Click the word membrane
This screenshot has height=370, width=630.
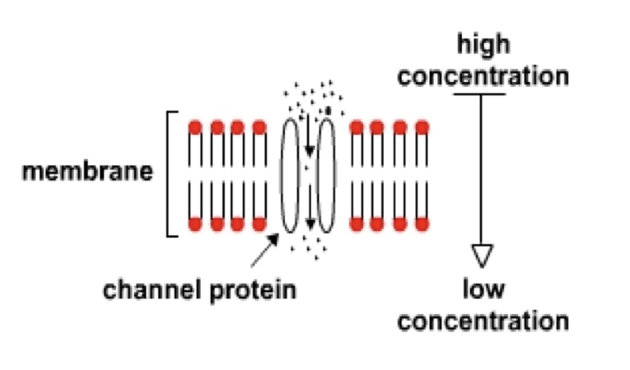coord(88,173)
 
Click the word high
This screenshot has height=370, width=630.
coord(484,44)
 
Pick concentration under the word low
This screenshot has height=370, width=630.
coord(484,321)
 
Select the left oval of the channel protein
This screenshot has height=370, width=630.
coord(290,175)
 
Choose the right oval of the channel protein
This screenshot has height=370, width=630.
coord(326,175)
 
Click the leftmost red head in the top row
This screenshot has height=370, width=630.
coord(195,127)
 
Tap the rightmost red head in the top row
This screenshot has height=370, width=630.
coord(421,127)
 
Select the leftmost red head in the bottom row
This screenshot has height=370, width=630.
coord(195,223)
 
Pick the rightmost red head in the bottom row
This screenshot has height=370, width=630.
coord(421,223)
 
